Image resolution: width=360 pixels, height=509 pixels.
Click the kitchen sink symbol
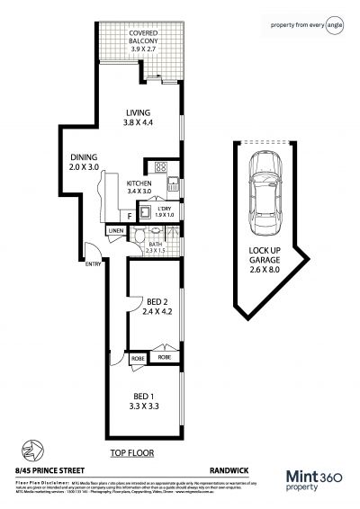click(169, 186)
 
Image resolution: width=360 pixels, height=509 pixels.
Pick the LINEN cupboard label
click(115, 232)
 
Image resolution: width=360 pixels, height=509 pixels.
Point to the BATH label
click(155, 246)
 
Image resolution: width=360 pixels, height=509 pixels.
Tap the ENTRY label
click(94, 263)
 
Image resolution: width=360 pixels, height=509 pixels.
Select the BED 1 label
click(144, 401)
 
